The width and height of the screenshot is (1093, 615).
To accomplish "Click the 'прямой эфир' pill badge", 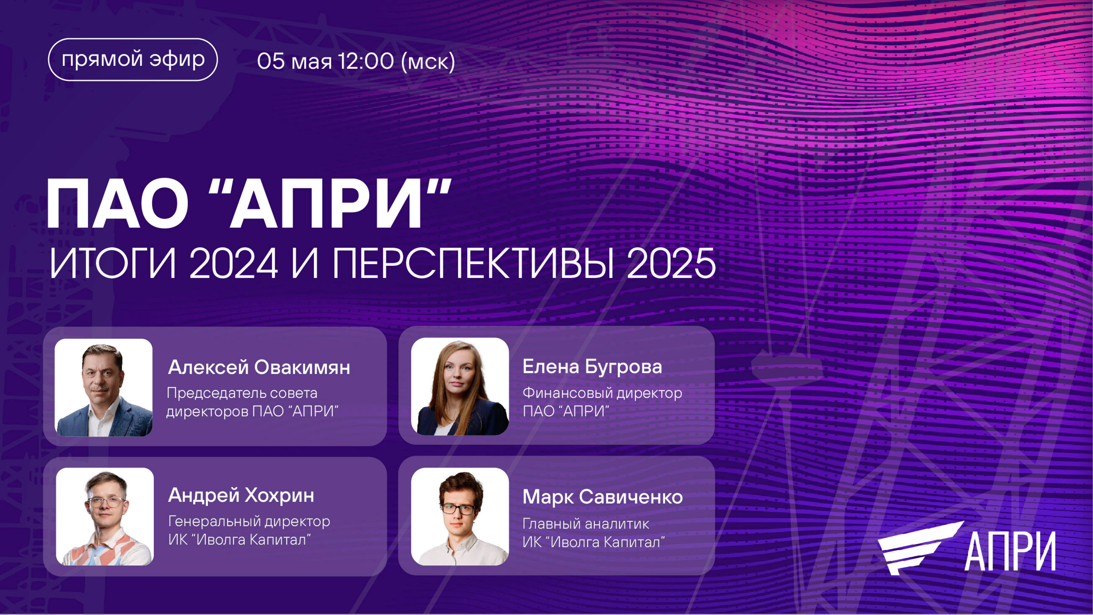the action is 133,59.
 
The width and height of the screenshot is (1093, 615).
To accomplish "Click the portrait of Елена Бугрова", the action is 460,386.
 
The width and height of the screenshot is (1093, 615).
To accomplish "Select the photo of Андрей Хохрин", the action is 105,516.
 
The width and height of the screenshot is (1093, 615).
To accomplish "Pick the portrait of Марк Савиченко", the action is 460,516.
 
